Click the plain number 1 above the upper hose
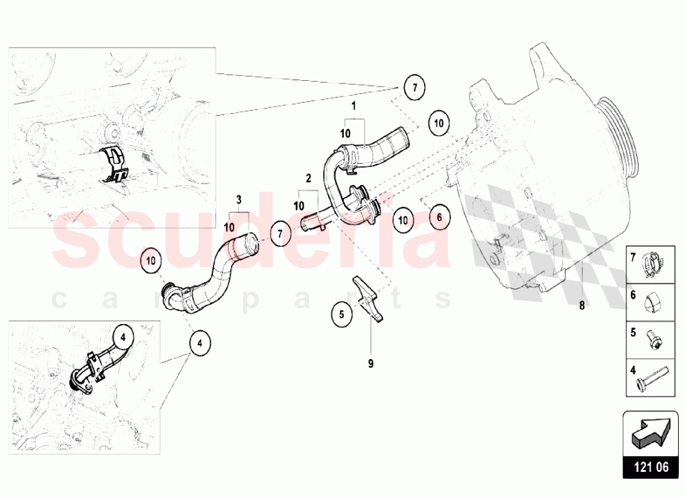pos(354,105)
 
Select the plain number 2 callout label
pos(308,178)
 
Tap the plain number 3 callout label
pos(238,200)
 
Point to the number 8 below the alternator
pos(582,306)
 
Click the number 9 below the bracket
pos(371,364)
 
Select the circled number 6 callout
pos(439,217)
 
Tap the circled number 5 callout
pos(342,314)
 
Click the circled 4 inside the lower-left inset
pos(123,337)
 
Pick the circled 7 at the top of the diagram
pos(414,88)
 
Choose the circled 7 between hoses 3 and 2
pos(280,234)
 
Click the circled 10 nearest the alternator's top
pos(439,123)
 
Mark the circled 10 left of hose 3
pos(151,261)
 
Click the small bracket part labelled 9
pos(368,298)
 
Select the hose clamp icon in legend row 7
pos(651,264)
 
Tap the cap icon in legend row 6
pos(652,302)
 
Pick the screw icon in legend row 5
pos(651,340)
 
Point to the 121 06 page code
pos(651,467)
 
